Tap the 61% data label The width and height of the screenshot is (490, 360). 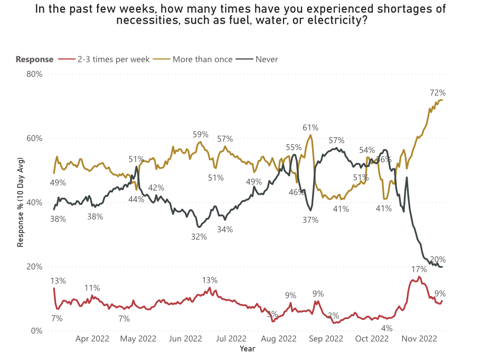310,128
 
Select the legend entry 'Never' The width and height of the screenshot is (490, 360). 267,59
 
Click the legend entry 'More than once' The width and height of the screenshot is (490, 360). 202,59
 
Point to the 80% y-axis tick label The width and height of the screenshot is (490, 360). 34,74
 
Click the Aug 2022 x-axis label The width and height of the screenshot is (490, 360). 279,339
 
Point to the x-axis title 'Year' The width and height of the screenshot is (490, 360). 248,348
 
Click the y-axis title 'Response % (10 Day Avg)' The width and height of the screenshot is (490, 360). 22,202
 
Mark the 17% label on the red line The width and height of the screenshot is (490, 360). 419,269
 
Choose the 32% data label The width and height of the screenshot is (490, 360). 199,237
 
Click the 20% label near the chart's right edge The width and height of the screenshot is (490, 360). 438,259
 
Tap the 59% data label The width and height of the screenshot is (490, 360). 201,134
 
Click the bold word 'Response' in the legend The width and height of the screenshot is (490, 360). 34,59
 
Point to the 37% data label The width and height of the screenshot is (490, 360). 310,220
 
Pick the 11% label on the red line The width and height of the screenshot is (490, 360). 92,288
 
